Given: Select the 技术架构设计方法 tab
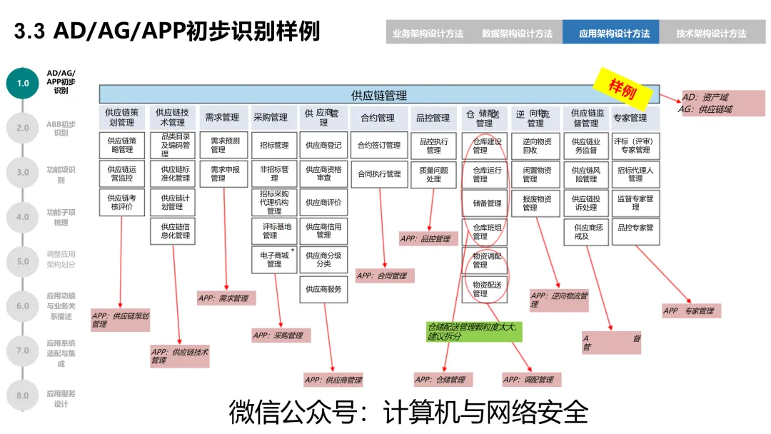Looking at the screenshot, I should (x=710, y=33).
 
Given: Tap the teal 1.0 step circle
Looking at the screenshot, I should (x=23, y=83).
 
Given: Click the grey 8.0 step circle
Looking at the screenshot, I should (x=23, y=395).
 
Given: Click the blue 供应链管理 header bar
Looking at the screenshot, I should (x=379, y=95).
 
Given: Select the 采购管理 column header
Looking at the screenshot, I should (x=271, y=118).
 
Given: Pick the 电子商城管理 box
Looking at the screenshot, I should (x=274, y=259).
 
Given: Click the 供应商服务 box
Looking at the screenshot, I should (x=323, y=289).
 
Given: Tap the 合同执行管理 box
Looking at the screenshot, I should (x=379, y=174).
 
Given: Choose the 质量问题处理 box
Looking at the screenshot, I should (x=433, y=174).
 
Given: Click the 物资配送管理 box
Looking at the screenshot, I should (x=488, y=288).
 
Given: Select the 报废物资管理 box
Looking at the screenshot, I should (x=537, y=203).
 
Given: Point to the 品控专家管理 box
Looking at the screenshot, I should (x=635, y=228).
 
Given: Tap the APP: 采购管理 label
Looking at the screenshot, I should (x=281, y=335).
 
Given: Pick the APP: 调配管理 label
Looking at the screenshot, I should (x=530, y=379).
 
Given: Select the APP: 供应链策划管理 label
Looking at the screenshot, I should (x=121, y=320).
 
